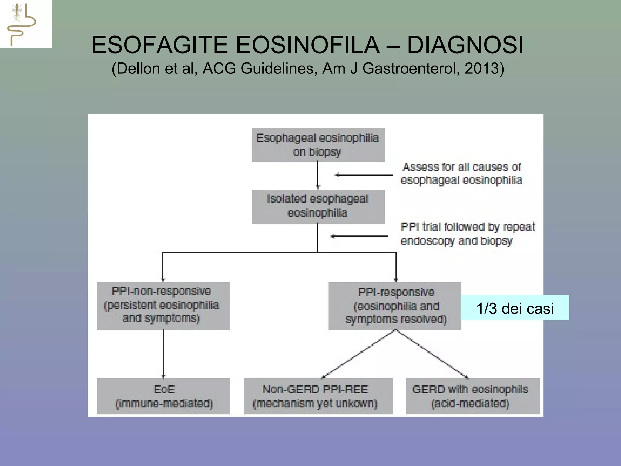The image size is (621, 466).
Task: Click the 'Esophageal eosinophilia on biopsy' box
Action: [x=318, y=145]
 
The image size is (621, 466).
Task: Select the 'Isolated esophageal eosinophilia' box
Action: [x=318, y=207]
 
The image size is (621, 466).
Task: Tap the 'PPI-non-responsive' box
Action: [x=163, y=306]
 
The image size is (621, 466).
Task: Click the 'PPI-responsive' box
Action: [x=394, y=306]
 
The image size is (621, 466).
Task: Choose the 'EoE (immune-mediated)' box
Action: [x=163, y=396]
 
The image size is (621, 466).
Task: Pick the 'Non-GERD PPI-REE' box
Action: [x=318, y=396]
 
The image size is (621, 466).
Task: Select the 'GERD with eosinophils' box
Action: [x=472, y=396]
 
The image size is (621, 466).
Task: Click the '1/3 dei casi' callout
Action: [x=515, y=308]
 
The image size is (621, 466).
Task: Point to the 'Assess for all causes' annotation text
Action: [x=461, y=174]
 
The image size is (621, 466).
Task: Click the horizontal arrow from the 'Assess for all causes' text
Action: [x=364, y=175]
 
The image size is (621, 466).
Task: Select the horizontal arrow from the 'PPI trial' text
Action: [x=360, y=236]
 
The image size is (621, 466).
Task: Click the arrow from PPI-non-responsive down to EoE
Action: [x=163, y=354]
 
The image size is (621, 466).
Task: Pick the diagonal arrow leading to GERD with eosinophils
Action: [x=432, y=354]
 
